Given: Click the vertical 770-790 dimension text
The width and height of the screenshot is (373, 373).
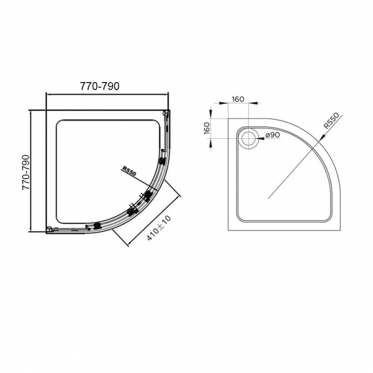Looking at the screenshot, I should click(x=26, y=173).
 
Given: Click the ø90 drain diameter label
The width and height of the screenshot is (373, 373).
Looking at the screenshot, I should click(x=271, y=135).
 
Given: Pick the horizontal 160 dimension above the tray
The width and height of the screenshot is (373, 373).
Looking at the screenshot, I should click(x=238, y=99).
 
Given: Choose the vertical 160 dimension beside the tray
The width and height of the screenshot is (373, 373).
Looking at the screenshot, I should click(x=207, y=127).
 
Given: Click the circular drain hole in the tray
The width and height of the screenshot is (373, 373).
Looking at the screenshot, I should click(x=250, y=137).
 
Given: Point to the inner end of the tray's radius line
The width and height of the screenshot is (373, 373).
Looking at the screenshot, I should click(x=268, y=197).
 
